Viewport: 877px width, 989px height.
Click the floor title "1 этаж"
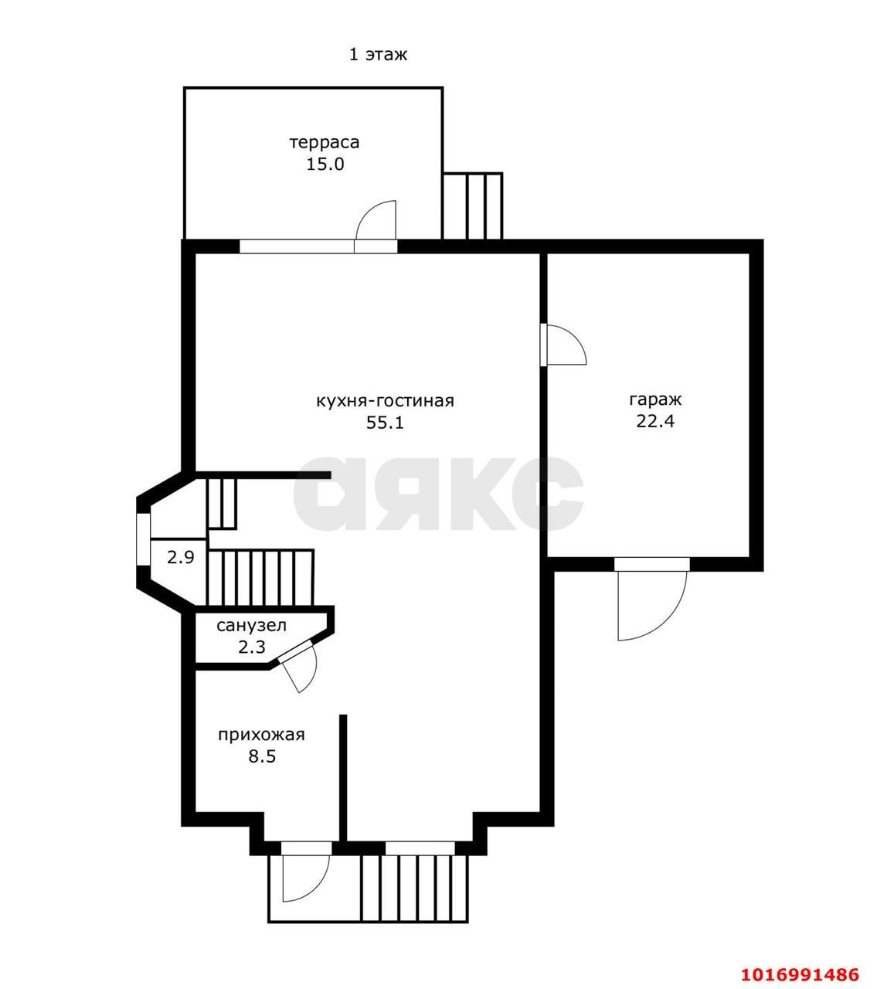(x=378, y=54)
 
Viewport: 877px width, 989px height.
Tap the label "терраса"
(x=325, y=142)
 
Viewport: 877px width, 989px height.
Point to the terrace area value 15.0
(x=325, y=164)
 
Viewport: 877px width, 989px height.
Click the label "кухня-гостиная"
(x=385, y=401)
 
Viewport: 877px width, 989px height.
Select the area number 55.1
(x=385, y=422)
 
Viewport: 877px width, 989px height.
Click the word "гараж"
(x=654, y=399)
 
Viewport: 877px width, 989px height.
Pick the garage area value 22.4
(x=654, y=421)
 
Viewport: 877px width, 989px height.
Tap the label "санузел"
(x=251, y=625)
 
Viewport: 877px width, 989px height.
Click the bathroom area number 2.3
(x=251, y=647)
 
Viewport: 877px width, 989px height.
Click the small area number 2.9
(x=180, y=557)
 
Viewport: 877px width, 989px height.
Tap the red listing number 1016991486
(x=800, y=960)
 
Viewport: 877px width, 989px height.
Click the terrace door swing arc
(x=367, y=212)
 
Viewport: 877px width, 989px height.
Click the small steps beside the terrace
(x=472, y=206)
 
